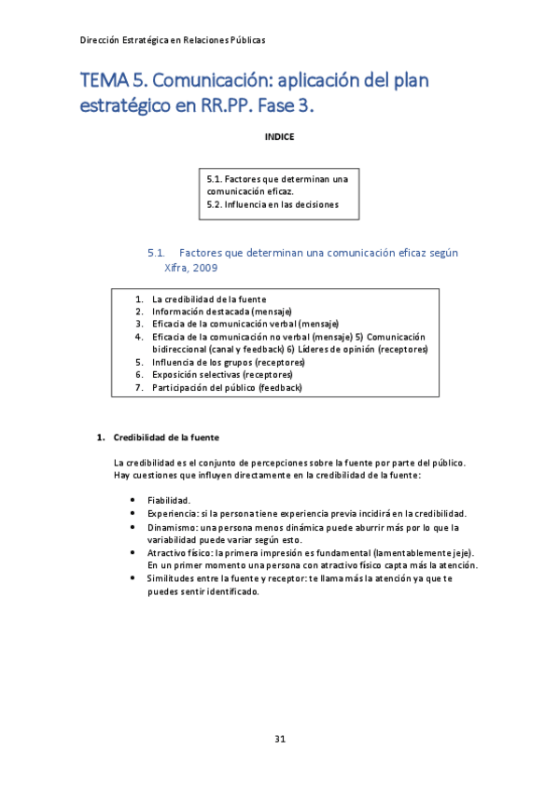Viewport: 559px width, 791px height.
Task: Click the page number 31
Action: pos(279,740)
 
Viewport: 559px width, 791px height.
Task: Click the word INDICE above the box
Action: pos(279,137)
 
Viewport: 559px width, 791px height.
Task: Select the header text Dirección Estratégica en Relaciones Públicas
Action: pos(173,40)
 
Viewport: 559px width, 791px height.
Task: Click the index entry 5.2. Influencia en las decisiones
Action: pos(273,204)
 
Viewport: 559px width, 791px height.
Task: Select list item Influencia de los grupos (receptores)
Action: pos(229,362)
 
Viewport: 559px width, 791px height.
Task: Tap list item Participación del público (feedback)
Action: pos(227,387)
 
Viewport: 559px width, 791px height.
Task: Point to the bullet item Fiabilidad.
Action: pos(169,501)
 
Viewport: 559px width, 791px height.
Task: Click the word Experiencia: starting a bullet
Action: pos(172,514)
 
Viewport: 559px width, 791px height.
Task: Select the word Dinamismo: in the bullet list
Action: pos(172,527)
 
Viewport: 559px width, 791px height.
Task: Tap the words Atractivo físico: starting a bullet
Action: pos(179,553)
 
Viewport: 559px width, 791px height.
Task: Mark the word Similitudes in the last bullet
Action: pos(172,579)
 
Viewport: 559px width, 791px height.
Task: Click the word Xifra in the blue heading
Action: pos(175,267)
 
